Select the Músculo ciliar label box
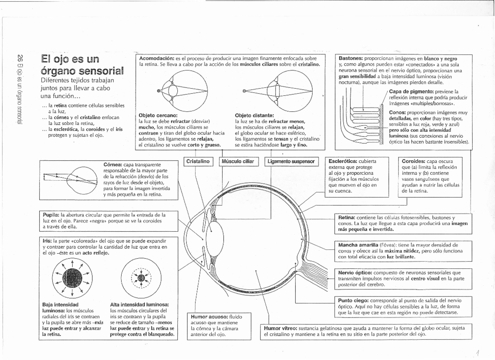[237, 161]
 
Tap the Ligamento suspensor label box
[291, 161]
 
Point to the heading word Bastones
[351, 59]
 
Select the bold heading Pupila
[51, 215]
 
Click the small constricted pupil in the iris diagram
[141, 277]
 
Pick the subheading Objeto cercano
[158, 115]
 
